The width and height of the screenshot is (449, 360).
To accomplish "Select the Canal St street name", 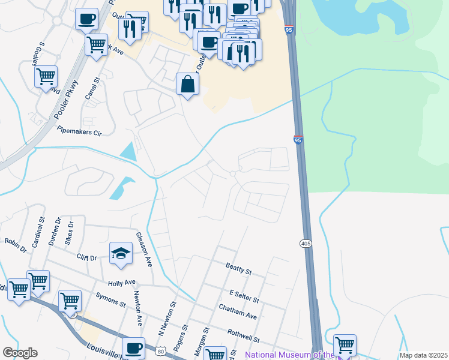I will pyautogui.click(x=91, y=89).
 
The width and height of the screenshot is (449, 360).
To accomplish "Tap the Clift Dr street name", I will pyautogui.click(x=86, y=257).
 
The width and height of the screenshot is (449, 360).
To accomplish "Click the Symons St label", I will pyautogui.click(x=110, y=301).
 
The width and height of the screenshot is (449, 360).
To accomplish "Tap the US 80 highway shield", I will pyautogui.click(x=160, y=350).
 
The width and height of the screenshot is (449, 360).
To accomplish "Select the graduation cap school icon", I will pyautogui.click(x=121, y=253).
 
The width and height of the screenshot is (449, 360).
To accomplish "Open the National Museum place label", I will pyautogui.click(x=288, y=355).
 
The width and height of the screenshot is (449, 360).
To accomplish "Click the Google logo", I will pyautogui.click(x=20, y=353).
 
